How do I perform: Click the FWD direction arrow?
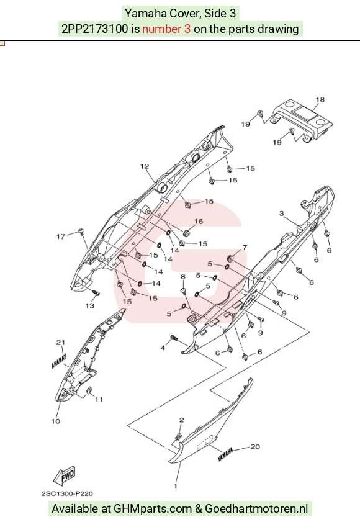coord(65,475)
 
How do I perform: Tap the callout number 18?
coord(320,99)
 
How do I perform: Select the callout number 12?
coord(145,166)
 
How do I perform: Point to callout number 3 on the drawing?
coord(281,214)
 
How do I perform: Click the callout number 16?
coord(199,222)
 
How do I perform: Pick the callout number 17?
coord(61,236)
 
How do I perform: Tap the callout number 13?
coord(90,305)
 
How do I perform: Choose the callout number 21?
coord(60,343)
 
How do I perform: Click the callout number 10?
coord(56,421)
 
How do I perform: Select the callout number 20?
coord(255,447)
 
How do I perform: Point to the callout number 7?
coord(245,248)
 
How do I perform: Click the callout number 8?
coord(183,277)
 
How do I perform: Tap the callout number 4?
coord(163,348)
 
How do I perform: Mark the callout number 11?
coord(99,400)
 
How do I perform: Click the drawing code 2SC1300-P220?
coord(67,493)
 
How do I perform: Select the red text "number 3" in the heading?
coord(166,29)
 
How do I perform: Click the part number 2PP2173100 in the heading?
coord(94,29)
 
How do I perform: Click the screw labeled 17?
coord(81,232)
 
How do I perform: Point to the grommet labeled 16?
coord(187,232)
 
